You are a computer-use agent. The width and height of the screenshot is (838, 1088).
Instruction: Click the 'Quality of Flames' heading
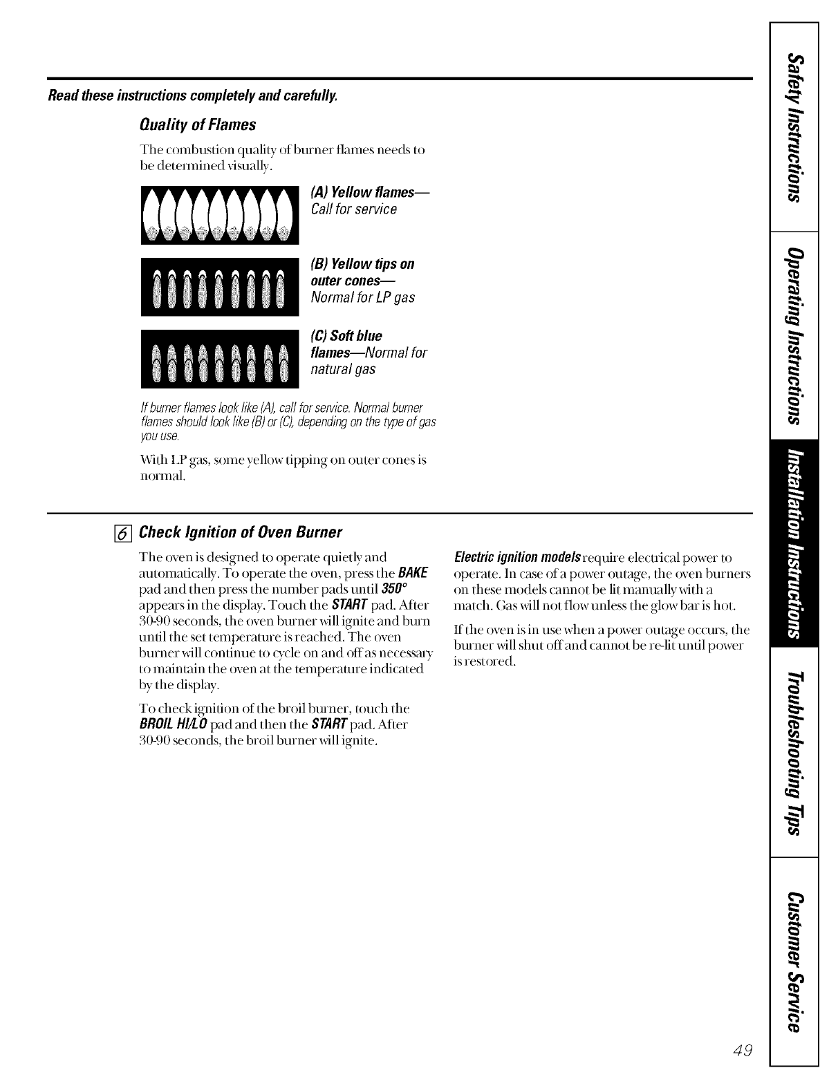point(198,124)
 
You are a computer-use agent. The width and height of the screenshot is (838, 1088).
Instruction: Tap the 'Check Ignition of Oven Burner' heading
point(241,532)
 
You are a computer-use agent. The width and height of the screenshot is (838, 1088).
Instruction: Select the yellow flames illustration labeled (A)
point(219,215)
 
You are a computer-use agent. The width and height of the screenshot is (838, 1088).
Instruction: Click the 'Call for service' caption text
point(354,209)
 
